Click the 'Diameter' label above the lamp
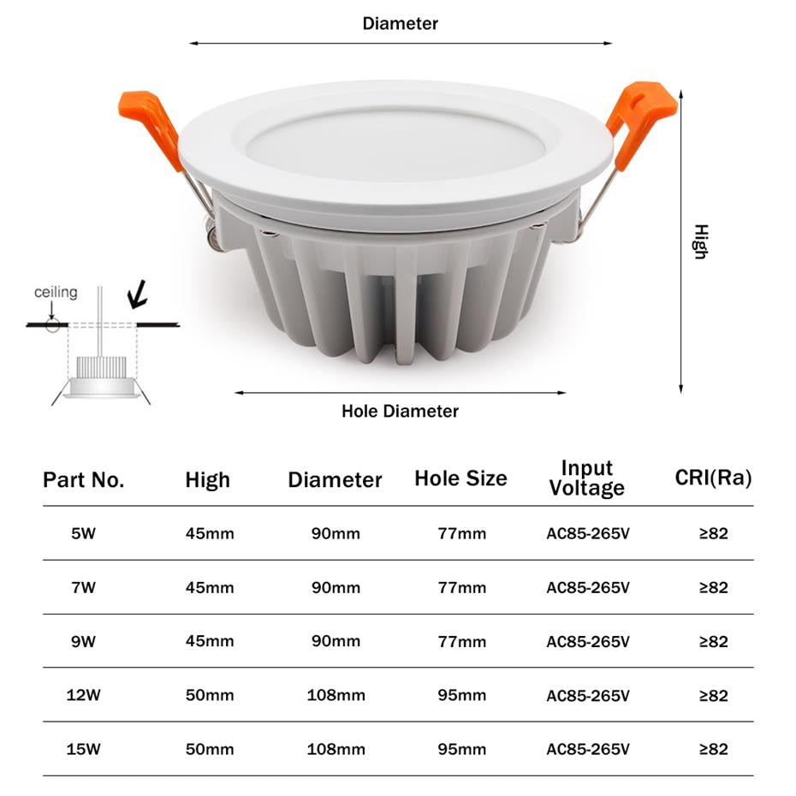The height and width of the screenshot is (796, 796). (400, 24)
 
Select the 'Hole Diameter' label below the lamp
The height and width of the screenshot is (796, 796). (400, 411)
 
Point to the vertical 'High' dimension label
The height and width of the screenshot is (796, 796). (701, 242)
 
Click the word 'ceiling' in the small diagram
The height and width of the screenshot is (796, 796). (56, 293)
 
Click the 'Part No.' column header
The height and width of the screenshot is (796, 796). (84, 480)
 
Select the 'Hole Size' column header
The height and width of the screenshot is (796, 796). (460, 478)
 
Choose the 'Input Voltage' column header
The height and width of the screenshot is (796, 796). (587, 478)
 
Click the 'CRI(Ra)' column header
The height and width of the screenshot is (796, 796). (713, 478)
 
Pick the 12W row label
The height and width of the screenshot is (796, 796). (84, 695)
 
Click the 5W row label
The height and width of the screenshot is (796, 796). (84, 533)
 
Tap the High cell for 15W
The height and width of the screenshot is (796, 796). (210, 749)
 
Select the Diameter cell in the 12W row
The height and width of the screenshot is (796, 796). (336, 695)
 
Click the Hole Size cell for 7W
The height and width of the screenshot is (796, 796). (461, 587)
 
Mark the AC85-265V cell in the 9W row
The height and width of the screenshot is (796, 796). (588, 641)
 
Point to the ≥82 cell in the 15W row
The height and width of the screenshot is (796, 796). (713, 749)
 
